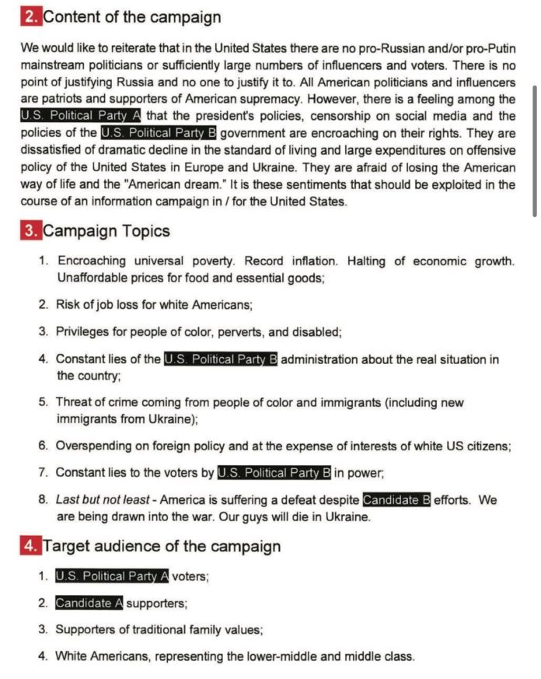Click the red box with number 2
30,16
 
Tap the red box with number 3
30,231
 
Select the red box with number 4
30,546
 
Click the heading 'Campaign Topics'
106,231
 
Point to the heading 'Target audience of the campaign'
162,546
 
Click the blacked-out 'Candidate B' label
396,500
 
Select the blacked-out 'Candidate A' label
89,603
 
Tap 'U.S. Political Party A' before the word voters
112,576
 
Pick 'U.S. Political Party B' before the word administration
221,359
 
